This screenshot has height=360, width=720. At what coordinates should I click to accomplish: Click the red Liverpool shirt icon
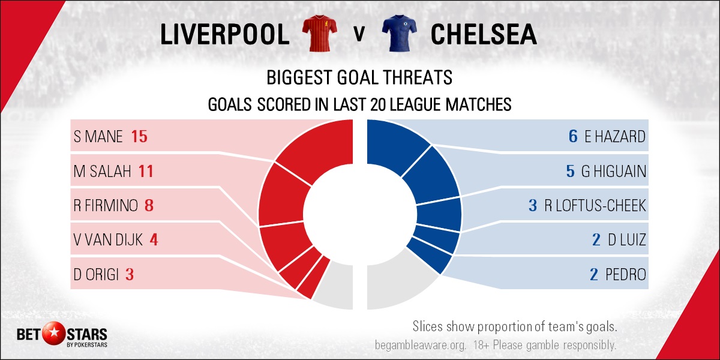pyautogui.click(x=319, y=34)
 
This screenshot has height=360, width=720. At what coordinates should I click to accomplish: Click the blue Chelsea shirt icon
pyautogui.click(x=399, y=34)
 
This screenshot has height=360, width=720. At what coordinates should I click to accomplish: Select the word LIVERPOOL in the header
pyautogui.click(x=225, y=34)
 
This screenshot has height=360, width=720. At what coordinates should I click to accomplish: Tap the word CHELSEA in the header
pyautogui.click(x=484, y=34)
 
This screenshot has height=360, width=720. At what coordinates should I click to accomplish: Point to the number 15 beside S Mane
pyautogui.click(x=139, y=136)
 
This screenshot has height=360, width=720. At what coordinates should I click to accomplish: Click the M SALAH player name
pyautogui.click(x=102, y=171)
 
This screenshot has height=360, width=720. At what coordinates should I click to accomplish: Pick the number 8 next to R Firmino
pyautogui.click(x=149, y=205)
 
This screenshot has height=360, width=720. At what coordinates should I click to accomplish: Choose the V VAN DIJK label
pyautogui.click(x=108, y=240)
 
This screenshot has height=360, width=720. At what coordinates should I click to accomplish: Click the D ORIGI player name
pyautogui.click(x=96, y=275)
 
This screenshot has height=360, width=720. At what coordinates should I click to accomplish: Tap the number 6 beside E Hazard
pyautogui.click(x=573, y=136)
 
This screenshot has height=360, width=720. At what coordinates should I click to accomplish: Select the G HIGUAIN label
pyautogui.click(x=614, y=171)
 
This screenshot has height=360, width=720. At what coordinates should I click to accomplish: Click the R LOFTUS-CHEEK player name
pyautogui.click(x=595, y=205)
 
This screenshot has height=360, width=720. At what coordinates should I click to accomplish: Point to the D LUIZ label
pyautogui.click(x=627, y=240)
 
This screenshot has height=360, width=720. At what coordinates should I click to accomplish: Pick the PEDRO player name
pyautogui.click(x=626, y=275)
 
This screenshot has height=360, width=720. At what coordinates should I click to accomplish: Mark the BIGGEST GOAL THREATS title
pyautogui.click(x=359, y=77)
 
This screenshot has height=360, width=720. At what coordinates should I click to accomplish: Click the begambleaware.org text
pyautogui.click(x=421, y=345)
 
